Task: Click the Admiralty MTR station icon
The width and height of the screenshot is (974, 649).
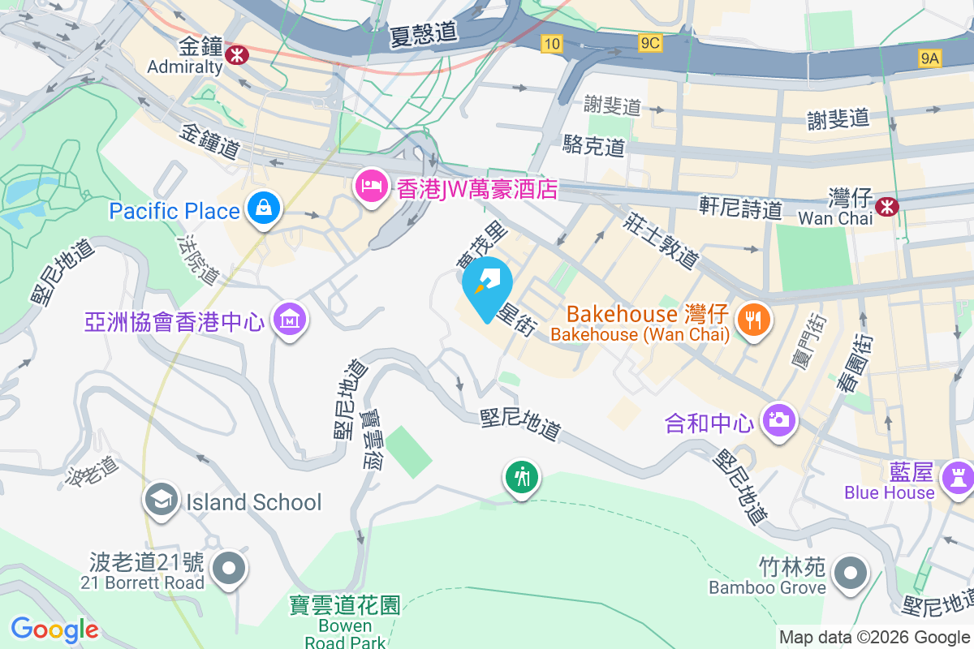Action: coord(238,54)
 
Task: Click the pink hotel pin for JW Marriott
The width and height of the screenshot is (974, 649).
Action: coord(371,187)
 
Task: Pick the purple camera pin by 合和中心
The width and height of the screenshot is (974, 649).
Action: coord(778,420)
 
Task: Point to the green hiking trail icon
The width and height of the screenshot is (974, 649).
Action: coord(520,477)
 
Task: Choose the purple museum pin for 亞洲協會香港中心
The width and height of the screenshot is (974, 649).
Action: coord(290,319)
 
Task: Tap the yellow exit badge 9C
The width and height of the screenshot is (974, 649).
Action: coord(649,43)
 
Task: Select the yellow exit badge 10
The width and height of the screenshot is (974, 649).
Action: coord(551,44)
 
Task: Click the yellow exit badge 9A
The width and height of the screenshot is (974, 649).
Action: coord(930,58)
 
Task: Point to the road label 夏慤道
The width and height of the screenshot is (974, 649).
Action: coord(424,33)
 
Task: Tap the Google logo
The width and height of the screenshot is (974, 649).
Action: coord(54,629)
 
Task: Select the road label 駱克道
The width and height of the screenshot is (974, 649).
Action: coord(594,146)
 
